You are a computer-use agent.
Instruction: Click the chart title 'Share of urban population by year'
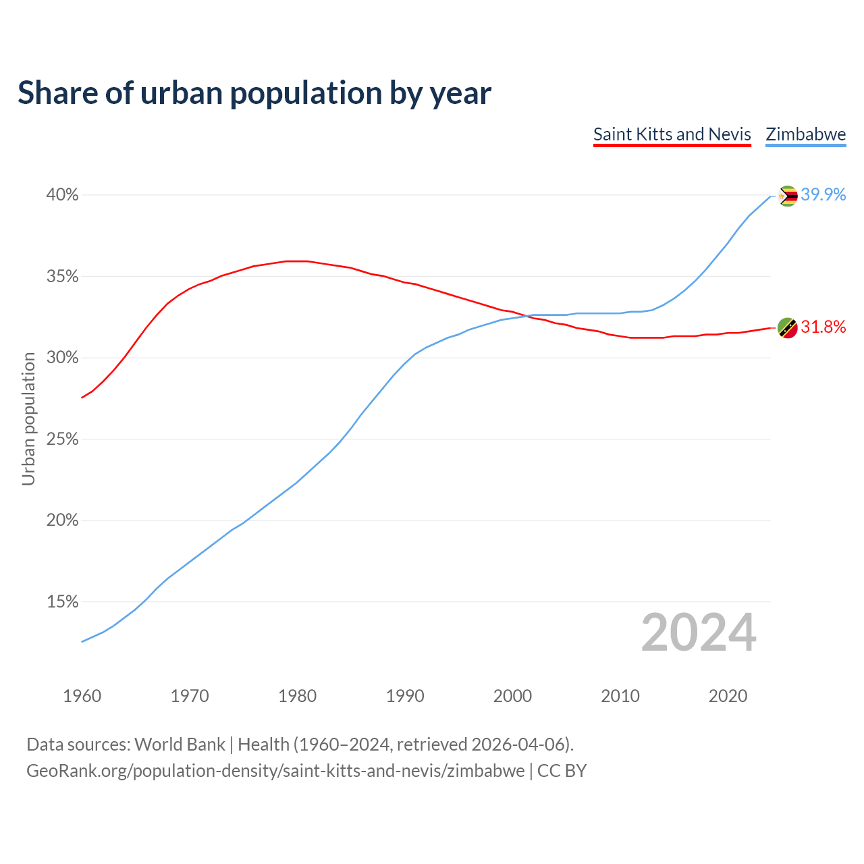(x=254, y=93)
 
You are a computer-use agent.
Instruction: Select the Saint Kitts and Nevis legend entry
(x=672, y=134)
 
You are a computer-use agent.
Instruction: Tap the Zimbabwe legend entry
(x=805, y=134)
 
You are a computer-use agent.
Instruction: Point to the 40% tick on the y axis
(x=62, y=195)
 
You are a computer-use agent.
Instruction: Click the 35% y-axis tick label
(x=62, y=277)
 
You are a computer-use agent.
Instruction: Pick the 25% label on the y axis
(x=62, y=439)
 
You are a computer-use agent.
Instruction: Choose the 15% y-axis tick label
(x=62, y=601)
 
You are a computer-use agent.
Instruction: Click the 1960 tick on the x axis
(x=82, y=696)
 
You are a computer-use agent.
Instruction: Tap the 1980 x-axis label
(x=297, y=696)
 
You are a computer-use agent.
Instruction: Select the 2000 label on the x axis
(x=512, y=696)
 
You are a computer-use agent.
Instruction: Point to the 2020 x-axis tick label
(x=728, y=696)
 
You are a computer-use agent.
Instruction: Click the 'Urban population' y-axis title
(x=28, y=418)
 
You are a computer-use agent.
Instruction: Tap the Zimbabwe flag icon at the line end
(x=787, y=196)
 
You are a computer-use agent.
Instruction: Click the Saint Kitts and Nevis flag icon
(x=787, y=328)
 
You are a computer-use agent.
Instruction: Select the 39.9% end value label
(x=823, y=195)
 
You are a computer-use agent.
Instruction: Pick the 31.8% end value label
(x=823, y=327)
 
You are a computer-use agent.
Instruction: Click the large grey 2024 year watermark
(x=698, y=632)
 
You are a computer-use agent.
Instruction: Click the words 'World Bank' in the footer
(x=180, y=745)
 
